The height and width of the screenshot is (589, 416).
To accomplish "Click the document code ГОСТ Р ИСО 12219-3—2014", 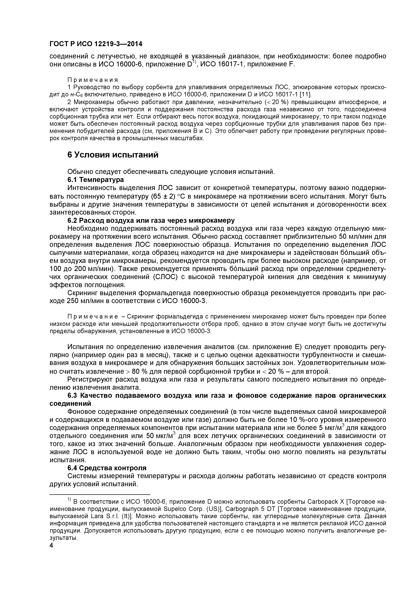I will [96, 44].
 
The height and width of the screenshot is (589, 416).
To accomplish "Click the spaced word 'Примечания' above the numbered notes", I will [93, 80].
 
